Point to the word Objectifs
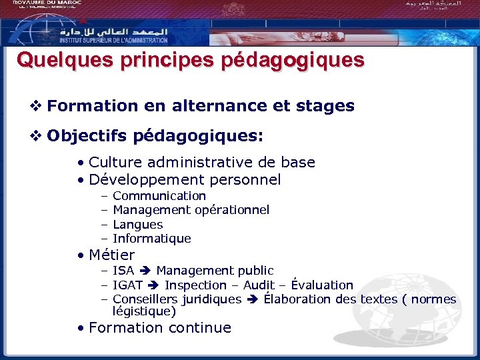87,137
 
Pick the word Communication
159,195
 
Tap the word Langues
137,225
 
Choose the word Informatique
152,239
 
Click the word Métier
111,255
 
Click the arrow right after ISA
145,271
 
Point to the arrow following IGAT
153,285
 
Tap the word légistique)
144,311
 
